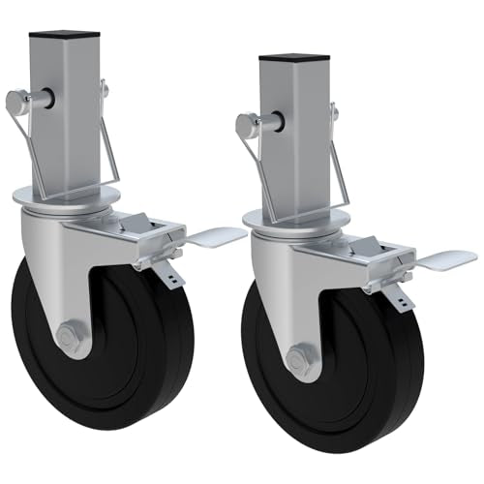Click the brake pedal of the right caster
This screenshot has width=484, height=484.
448,258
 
